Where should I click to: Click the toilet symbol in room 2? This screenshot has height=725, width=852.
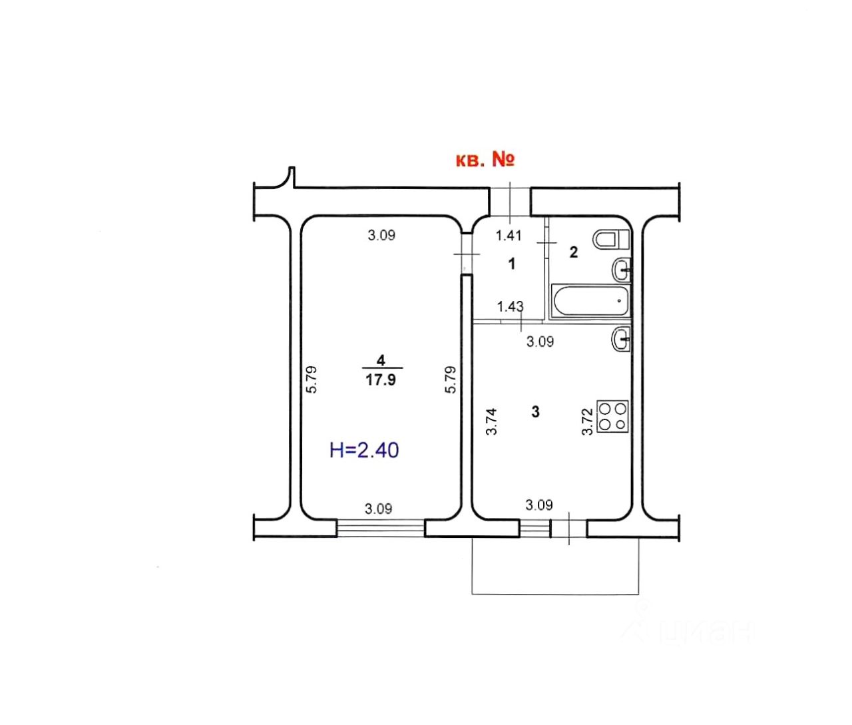pyautogui.click(x=611, y=240)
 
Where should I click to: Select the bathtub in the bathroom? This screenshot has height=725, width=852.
pyautogui.click(x=590, y=302)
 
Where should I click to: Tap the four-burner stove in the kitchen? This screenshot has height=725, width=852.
pyautogui.click(x=612, y=416)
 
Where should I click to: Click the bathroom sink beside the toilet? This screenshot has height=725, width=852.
pyautogui.click(x=621, y=270)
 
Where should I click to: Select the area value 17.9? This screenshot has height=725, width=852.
pyautogui.click(x=381, y=379)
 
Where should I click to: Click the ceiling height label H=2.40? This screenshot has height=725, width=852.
pyautogui.click(x=364, y=449)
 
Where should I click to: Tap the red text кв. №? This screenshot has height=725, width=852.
pyautogui.click(x=485, y=160)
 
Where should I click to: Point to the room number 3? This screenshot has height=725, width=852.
pyautogui.click(x=535, y=411)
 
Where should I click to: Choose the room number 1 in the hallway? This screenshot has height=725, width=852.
pyautogui.click(x=512, y=264)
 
